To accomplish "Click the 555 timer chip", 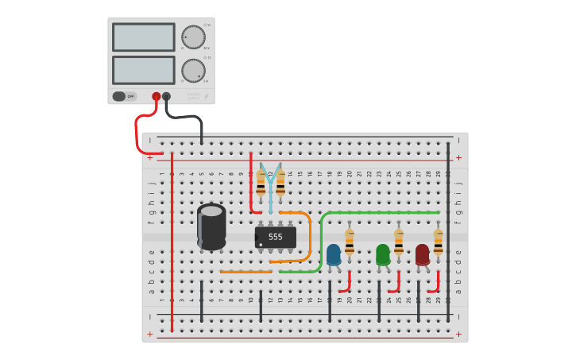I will pyautogui.click(x=276, y=237).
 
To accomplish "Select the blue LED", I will pyautogui.click(x=334, y=254).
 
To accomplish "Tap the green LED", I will pyautogui.click(x=383, y=254).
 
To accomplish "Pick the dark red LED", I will pyautogui.click(x=423, y=254).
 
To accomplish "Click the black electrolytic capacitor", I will pyautogui.click(x=211, y=226).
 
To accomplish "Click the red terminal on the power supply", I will pyautogui.click(x=157, y=96).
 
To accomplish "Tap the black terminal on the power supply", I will pyautogui.click(x=167, y=96).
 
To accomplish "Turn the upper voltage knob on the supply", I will pyautogui.click(x=193, y=37).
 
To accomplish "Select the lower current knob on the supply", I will pyautogui.click(x=193, y=70).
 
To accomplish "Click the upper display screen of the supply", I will pyautogui.click(x=144, y=37).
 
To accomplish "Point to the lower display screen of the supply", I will pyautogui.click(x=144, y=70).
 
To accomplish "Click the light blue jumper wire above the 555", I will pyautogui.click(x=270, y=191).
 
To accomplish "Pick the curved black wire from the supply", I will pyautogui.click(x=191, y=118).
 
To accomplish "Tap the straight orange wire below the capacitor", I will pyautogui.click(x=245, y=272).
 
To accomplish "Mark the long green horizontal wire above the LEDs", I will pyautogui.click(x=381, y=212).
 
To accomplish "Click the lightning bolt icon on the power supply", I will pyautogui.click(x=207, y=96).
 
